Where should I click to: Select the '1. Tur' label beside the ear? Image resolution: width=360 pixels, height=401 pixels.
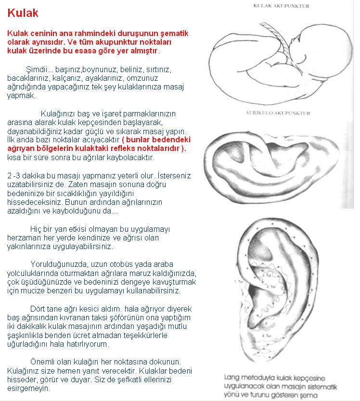[x=237, y=280]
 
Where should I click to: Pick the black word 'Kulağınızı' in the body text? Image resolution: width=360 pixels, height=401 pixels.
[x=58, y=114]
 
